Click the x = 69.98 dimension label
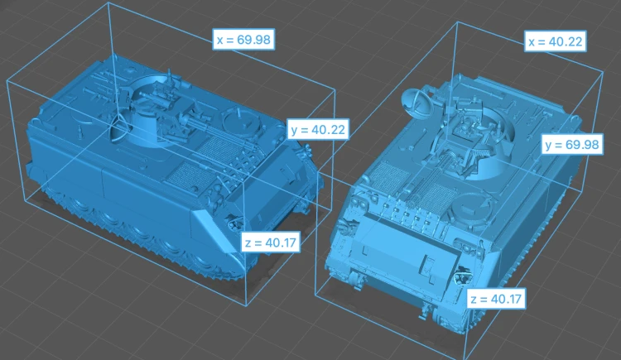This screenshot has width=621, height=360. click(243, 40)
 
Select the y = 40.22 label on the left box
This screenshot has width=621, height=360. click(318, 129)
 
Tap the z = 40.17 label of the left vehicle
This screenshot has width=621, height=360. click(271, 242)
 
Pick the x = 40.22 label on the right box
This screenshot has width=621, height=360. click(556, 41)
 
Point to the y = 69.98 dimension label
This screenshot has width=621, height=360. click(572, 145)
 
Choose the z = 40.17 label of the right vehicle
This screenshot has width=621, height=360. click(497, 299)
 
